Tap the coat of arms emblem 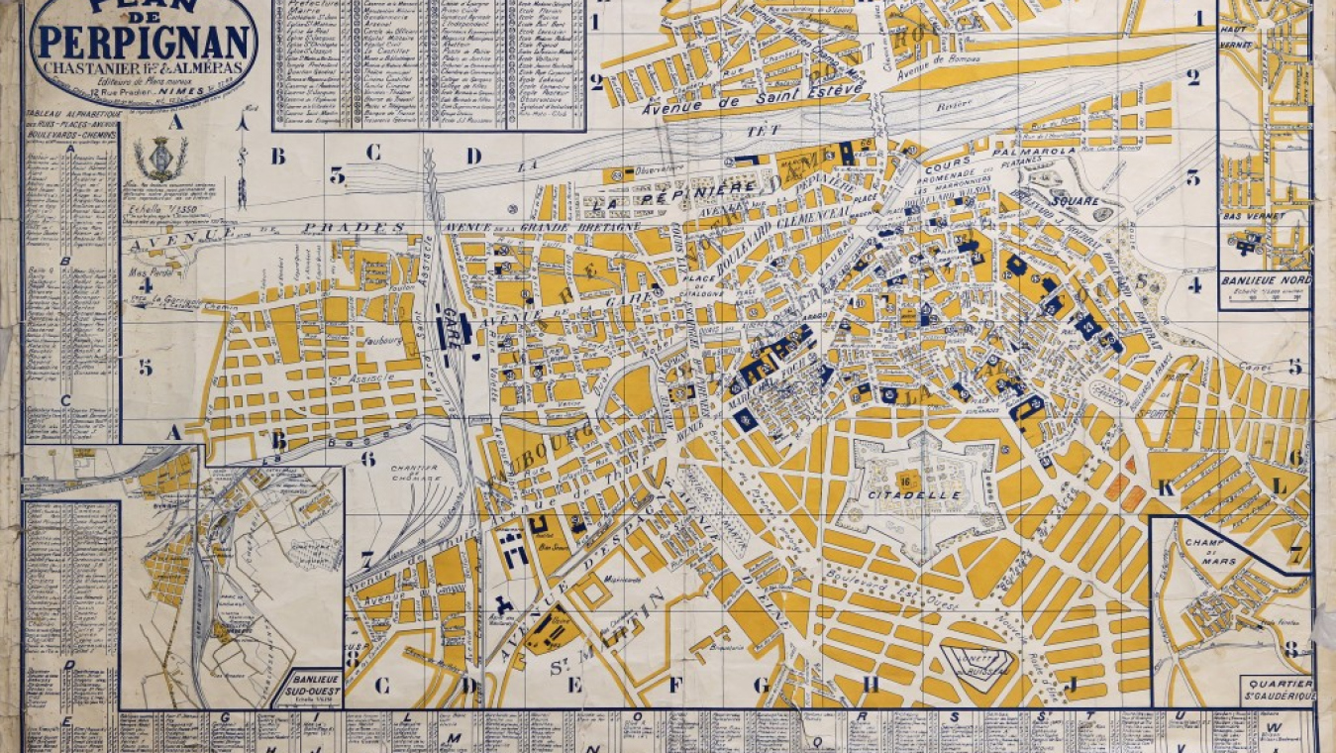pyautogui.click(x=154, y=158)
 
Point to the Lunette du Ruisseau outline pyautogui.click(x=980, y=661)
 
